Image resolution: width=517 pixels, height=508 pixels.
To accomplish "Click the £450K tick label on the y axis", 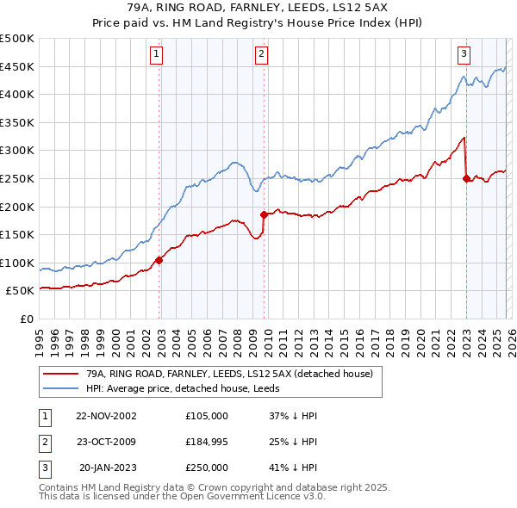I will (17, 66).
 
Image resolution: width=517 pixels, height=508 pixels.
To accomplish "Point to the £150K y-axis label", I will (17, 234).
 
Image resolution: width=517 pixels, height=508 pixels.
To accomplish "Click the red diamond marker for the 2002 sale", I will (159, 260).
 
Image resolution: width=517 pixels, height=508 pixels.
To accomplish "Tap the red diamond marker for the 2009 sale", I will (265, 214).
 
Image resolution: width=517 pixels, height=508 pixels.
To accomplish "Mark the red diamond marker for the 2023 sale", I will (466, 178).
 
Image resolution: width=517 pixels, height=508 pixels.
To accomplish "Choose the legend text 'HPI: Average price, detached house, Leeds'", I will (184, 389).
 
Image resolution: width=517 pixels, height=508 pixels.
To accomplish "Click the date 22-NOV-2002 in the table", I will (106, 416).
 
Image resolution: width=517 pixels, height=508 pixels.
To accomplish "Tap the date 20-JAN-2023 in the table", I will (107, 468).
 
